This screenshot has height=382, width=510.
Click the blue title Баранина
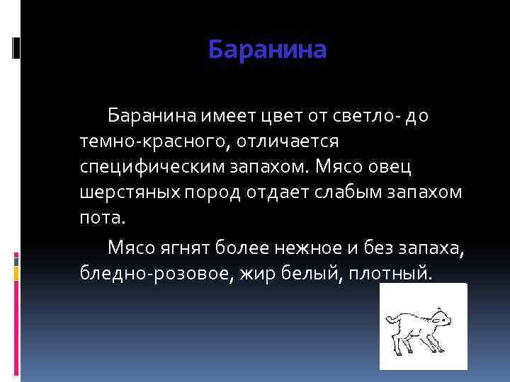268,50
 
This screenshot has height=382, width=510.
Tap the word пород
210,194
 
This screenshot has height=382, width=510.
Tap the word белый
302,272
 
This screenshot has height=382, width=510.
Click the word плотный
387,272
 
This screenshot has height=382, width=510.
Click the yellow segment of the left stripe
16,270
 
